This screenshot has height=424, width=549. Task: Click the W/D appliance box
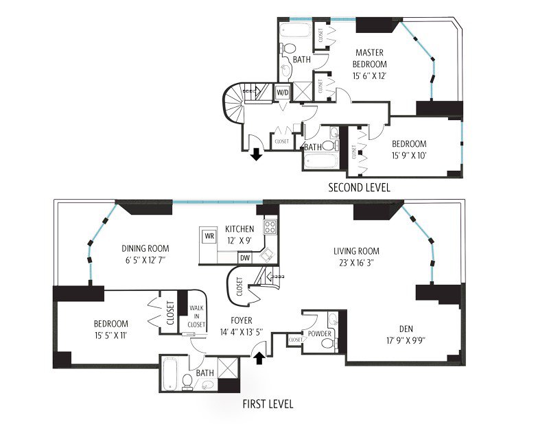coord(283,93)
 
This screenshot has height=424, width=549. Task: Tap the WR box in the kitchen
coord(209,236)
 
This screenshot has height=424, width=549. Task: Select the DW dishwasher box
coord(245,258)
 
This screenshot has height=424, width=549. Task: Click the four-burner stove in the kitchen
coord(270,226)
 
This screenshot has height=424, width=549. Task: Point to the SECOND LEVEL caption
coord(359,188)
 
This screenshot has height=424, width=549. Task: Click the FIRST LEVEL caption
coord(268,404)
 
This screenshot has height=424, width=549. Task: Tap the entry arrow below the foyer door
coord(259,359)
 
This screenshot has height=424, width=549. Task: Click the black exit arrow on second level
coord(257,154)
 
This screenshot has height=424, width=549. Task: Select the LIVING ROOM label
coord(356,251)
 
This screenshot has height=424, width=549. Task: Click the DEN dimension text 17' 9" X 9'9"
coord(406,340)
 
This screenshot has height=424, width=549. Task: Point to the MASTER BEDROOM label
coord(369,58)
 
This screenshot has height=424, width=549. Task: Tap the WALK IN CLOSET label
coord(196,316)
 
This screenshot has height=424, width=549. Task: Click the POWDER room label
coord(319,333)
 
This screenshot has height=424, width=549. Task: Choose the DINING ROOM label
coord(145,248)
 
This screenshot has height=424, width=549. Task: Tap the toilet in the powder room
coord(327,343)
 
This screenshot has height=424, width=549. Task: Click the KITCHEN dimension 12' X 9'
coord(240,241)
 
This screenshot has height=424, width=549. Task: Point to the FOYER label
coord(242,320)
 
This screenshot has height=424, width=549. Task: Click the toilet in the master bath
coord(288,48)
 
